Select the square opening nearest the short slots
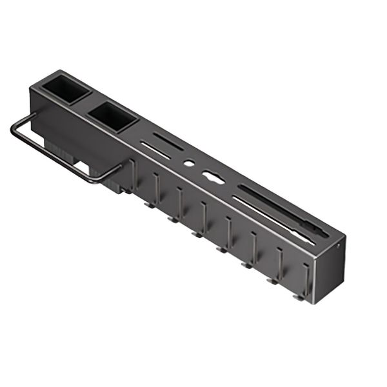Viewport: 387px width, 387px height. pos(114,117)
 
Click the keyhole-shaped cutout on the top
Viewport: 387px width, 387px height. pos(212,177)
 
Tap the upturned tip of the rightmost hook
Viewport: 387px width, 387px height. pos(296,297)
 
